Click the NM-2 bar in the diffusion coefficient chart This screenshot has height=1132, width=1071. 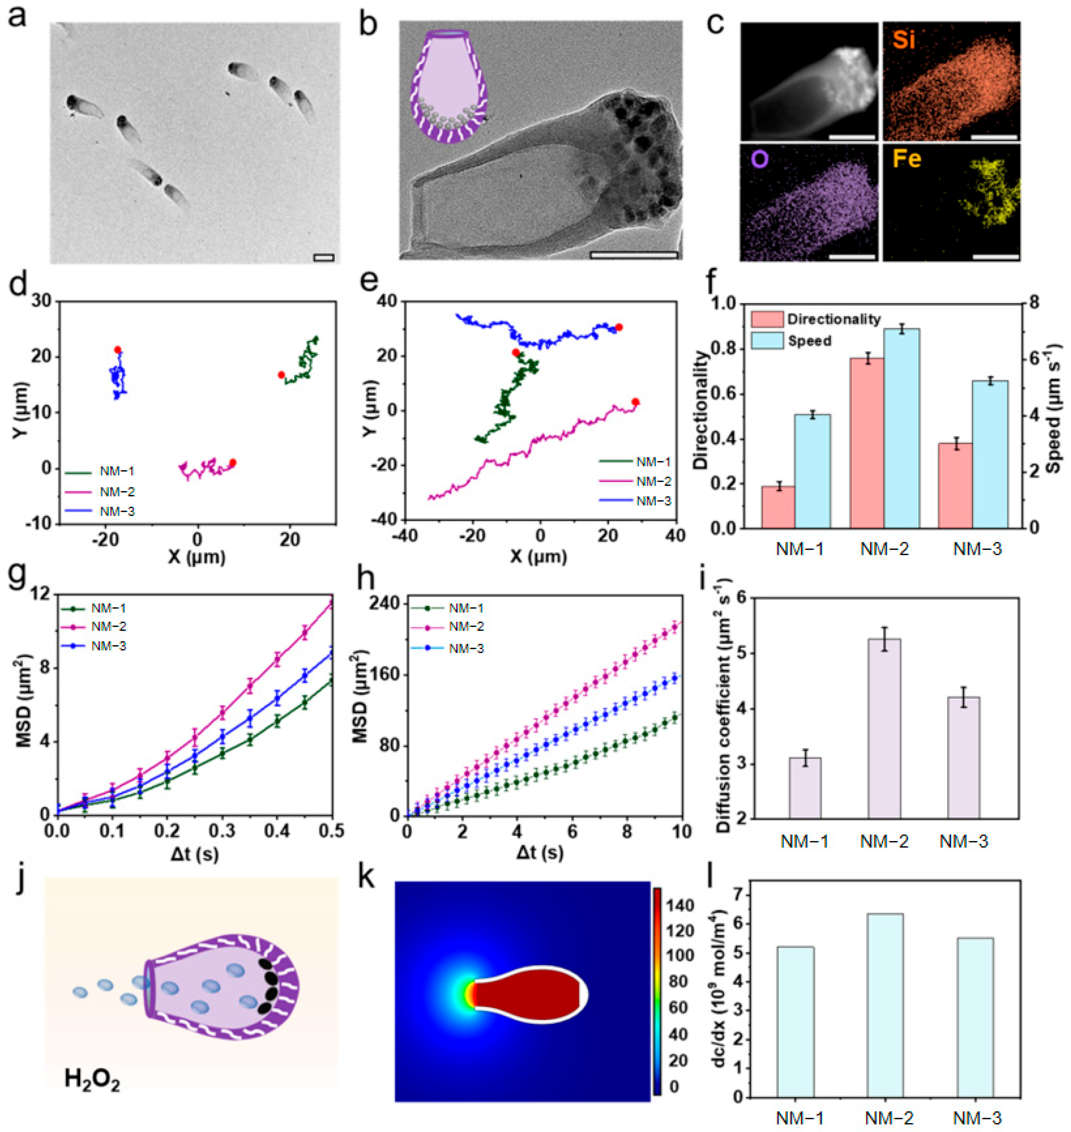click(884, 728)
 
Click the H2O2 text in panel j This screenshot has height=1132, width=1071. click(92, 1078)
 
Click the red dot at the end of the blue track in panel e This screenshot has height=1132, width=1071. click(618, 327)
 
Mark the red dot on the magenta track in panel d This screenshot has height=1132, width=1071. click(232, 463)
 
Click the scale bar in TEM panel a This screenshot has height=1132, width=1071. click(323, 257)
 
